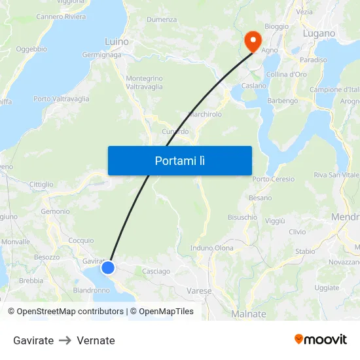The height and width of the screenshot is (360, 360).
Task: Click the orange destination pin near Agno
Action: [x=253, y=41]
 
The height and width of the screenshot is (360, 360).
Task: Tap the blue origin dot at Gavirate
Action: [x=108, y=267]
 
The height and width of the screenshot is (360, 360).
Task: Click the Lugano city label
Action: [x=319, y=33]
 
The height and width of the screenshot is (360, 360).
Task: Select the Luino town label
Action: [x=117, y=42]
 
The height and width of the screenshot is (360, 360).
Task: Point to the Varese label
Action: [x=199, y=291]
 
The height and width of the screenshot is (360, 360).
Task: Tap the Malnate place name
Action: [x=249, y=314]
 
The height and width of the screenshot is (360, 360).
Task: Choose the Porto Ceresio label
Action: [x=274, y=179]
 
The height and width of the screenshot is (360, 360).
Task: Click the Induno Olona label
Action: [x=211, y=248]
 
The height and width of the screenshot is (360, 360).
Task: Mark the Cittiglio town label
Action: [x=41, y=185]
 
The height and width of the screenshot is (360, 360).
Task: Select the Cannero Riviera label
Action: [x=61, y=16]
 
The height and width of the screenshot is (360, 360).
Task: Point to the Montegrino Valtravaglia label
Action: [x=144, y=82]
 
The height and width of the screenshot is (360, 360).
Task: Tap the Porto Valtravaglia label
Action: [x=62, y=99]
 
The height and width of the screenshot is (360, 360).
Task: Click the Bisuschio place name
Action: [x=242, y=217]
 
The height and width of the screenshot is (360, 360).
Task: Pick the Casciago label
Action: [x=156, y=271]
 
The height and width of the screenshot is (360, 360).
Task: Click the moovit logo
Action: [x=321, y=339]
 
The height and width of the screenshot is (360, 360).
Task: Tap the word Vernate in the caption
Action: [x=96, y=340]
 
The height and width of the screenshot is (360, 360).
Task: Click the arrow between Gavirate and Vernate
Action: [x=65, y=340]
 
